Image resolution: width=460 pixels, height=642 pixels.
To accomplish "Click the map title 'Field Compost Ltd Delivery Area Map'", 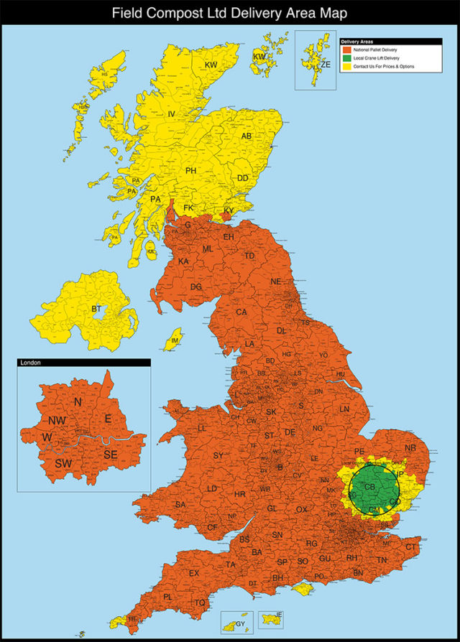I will [229, 12].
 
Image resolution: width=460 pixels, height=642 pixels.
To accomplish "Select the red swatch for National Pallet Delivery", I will [344, 49].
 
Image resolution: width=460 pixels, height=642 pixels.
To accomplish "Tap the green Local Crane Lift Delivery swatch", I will [344, 57].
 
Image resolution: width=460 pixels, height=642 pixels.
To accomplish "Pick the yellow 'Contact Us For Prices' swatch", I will [344, 66].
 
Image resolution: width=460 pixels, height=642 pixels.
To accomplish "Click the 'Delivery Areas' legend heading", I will [355, 42].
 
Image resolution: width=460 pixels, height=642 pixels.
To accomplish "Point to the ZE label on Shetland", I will [326, 64].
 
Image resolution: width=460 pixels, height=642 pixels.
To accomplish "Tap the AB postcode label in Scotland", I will [247, 136].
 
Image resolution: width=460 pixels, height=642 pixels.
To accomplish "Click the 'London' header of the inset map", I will [30, 363].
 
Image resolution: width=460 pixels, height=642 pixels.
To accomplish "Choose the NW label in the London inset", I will [58, 419].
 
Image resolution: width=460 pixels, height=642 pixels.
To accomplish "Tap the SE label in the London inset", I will [110, 454].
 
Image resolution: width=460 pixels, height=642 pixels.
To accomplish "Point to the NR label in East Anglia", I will [410, 447].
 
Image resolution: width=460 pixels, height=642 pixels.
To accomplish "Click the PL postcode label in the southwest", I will [167, 597].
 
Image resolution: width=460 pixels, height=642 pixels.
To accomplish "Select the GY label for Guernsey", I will [239, 623].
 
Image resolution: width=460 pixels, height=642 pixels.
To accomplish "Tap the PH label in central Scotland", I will [190, 170].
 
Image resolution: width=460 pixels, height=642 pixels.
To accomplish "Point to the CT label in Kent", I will [410, 547].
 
